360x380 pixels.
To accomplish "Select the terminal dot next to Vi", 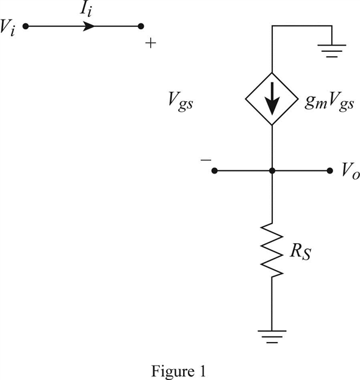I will tap(25, 26).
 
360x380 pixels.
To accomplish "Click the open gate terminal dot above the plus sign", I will tap(141, 26).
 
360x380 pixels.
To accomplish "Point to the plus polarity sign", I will tap(151, 44).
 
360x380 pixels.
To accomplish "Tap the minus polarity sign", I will tap(205, 159).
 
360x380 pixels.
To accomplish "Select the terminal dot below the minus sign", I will tap(214, 171).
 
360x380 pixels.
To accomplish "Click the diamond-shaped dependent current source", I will tap(272, 100).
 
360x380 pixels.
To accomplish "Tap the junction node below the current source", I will tap(272, 171).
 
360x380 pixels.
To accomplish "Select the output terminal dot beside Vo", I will tap(330, 171).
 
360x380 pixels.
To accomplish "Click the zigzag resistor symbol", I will tap(272, 250).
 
